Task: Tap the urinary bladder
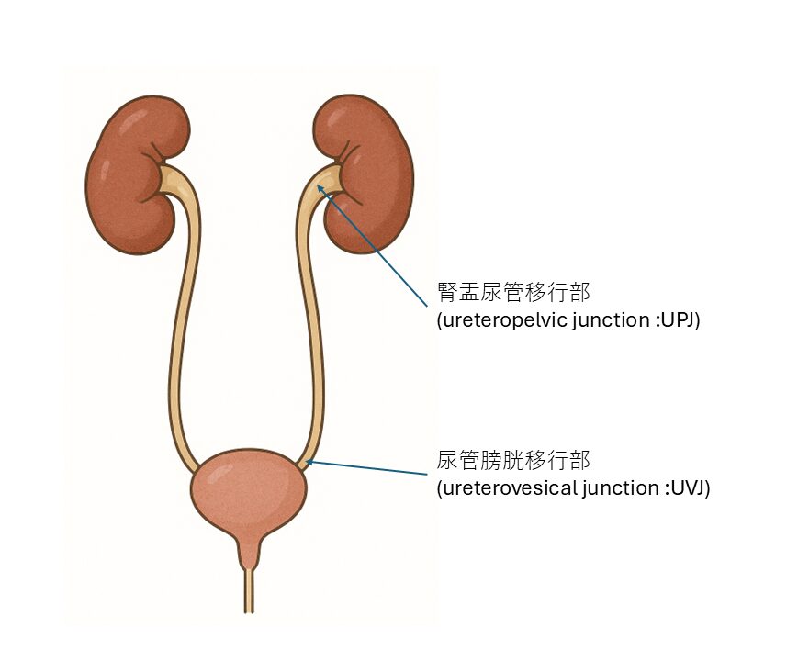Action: [248, 496]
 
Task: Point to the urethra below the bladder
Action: [249, 588]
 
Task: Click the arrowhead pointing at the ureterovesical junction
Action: [309, 463]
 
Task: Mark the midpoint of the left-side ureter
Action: [179, 321]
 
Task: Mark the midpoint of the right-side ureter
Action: [312, 321]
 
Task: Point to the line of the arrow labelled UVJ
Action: [367, 468]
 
